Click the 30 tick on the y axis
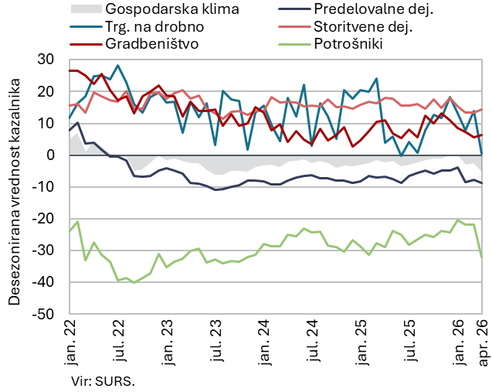(x=45, y=60)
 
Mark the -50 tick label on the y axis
(x=42, y=315)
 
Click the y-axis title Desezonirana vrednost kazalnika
(x=14, y=186)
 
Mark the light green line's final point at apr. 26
(x=482, y=257)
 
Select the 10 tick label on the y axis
(x=45, y=123)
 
